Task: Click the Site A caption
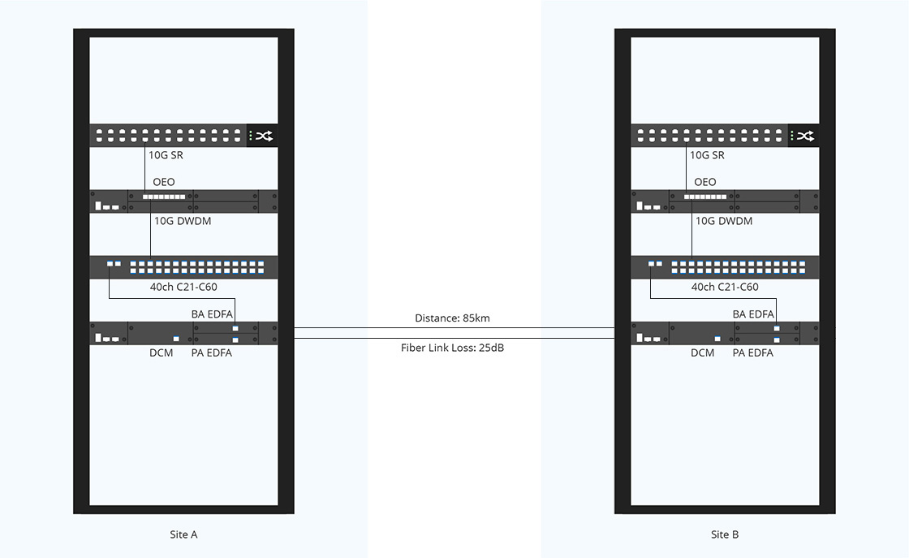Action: (x=183, y=534)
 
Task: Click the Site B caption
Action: (x=725, y=534)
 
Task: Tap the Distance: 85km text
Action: (x=452, y=318)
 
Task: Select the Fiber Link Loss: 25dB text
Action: (x=452, y=348)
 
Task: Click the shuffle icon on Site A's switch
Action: (x=265, y=136)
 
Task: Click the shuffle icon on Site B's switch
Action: (x=805, y=136)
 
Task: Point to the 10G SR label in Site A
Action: (x=166, y=155)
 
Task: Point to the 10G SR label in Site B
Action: (x=707, y=155)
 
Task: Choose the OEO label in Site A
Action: (x=164, y=182)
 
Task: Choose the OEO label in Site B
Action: (x=705, y=182)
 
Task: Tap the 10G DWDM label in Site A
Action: (x=183, y=221)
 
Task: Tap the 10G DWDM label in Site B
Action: (x=724, y=221)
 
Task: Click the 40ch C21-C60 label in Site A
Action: (x=183, y=287)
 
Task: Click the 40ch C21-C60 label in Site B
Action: (x=725, y=287)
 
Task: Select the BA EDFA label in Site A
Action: (x=212, y=314)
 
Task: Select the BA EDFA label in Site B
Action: (x=753, y=314)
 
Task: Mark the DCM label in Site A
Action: (x=162, y=353)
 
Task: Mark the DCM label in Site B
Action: (x=703, y=353)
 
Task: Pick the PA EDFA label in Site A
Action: (x=212, y=353)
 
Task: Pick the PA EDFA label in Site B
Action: (x=753, y=353)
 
